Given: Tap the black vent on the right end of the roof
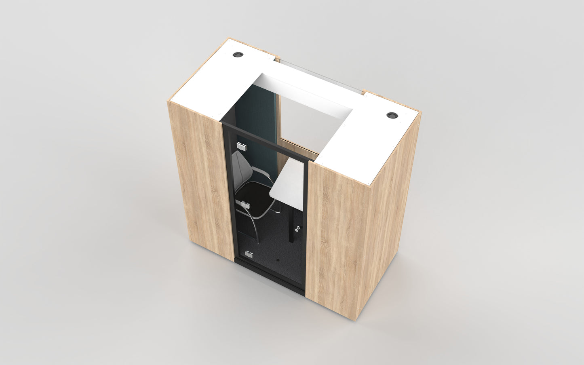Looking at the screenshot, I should pyautogui.click(x=391, y=115).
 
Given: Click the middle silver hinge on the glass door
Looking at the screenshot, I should pyautogui.click(x=244, y=204).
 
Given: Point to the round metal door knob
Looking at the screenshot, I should pyautogui.click(x=299, y=229).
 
